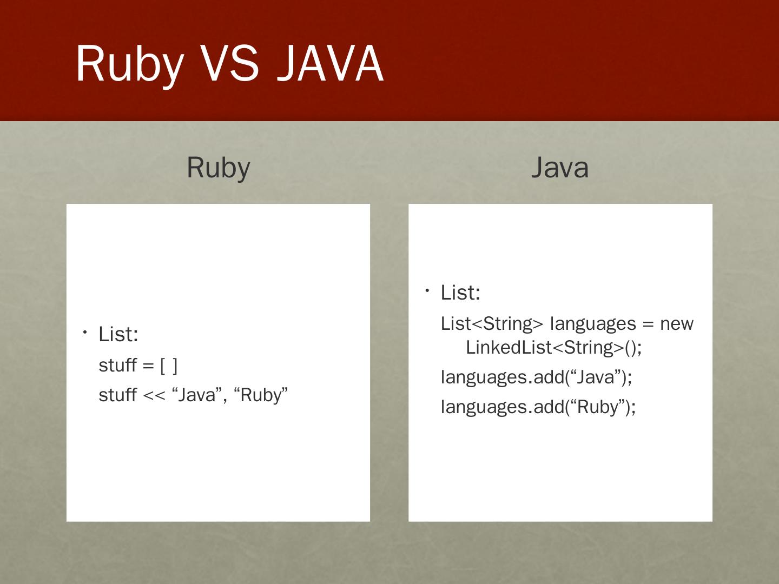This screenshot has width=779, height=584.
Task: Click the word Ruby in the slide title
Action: [129, 64]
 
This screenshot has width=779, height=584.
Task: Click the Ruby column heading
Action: [218, 168]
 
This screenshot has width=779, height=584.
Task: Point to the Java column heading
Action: [559, 168]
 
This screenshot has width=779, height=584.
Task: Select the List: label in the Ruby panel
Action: [118, 334]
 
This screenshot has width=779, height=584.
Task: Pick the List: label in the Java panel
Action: [460, 293]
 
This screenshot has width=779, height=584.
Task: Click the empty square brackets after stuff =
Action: [169, 366]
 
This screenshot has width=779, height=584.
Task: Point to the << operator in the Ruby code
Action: [154, 395]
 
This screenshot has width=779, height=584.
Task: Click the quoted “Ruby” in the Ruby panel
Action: [261, 395]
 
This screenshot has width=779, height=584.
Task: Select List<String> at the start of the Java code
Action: [492, 323]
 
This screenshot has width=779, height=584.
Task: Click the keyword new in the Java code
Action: [676, 323]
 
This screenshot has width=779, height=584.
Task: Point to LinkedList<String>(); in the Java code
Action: [553, 347]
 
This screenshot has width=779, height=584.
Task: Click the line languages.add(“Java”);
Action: [536, 376]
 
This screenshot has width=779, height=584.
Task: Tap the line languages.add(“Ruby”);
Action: [538, 406]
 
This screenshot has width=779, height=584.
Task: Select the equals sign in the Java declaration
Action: [648, 323]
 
